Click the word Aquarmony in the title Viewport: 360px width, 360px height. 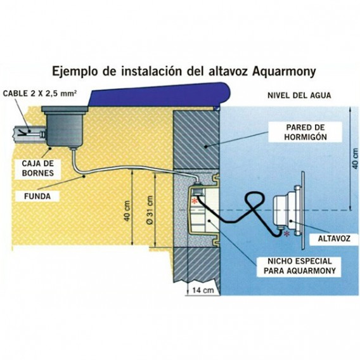pyautogui.click(x=284, y=72)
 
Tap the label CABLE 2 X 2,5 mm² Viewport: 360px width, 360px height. pyautogui.click(x=40, y=93)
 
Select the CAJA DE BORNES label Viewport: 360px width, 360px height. pyautogui.click(x=38, y=169)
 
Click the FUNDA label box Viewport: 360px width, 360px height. pyautogui.click(x=37, y=196)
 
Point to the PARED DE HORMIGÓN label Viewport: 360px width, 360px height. pyautogui.click(x=305, y=132)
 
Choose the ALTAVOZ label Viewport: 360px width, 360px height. pyautogui.click(x=334, y=238)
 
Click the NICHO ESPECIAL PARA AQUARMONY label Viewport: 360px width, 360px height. pyautogui.click(x=299, y=266)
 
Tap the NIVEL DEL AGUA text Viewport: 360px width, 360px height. pyautogui.click(x=299, y=96)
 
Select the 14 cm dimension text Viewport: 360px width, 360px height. pyautogui.click(x=203, y=290)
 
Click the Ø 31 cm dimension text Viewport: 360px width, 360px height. pyautogui.click(x=150, y=210)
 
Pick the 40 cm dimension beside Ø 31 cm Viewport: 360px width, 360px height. pyautogui.click(x=127, y=211)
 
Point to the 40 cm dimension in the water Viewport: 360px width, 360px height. pyautogui.click(x=355, y=158)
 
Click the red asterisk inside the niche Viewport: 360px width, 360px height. pyautogui.click(x=195, y=201)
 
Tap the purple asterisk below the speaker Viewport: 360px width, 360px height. pyautogui.click(x=286, y=234)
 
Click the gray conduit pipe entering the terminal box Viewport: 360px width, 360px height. pyautogui.click(x=29, y=134)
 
